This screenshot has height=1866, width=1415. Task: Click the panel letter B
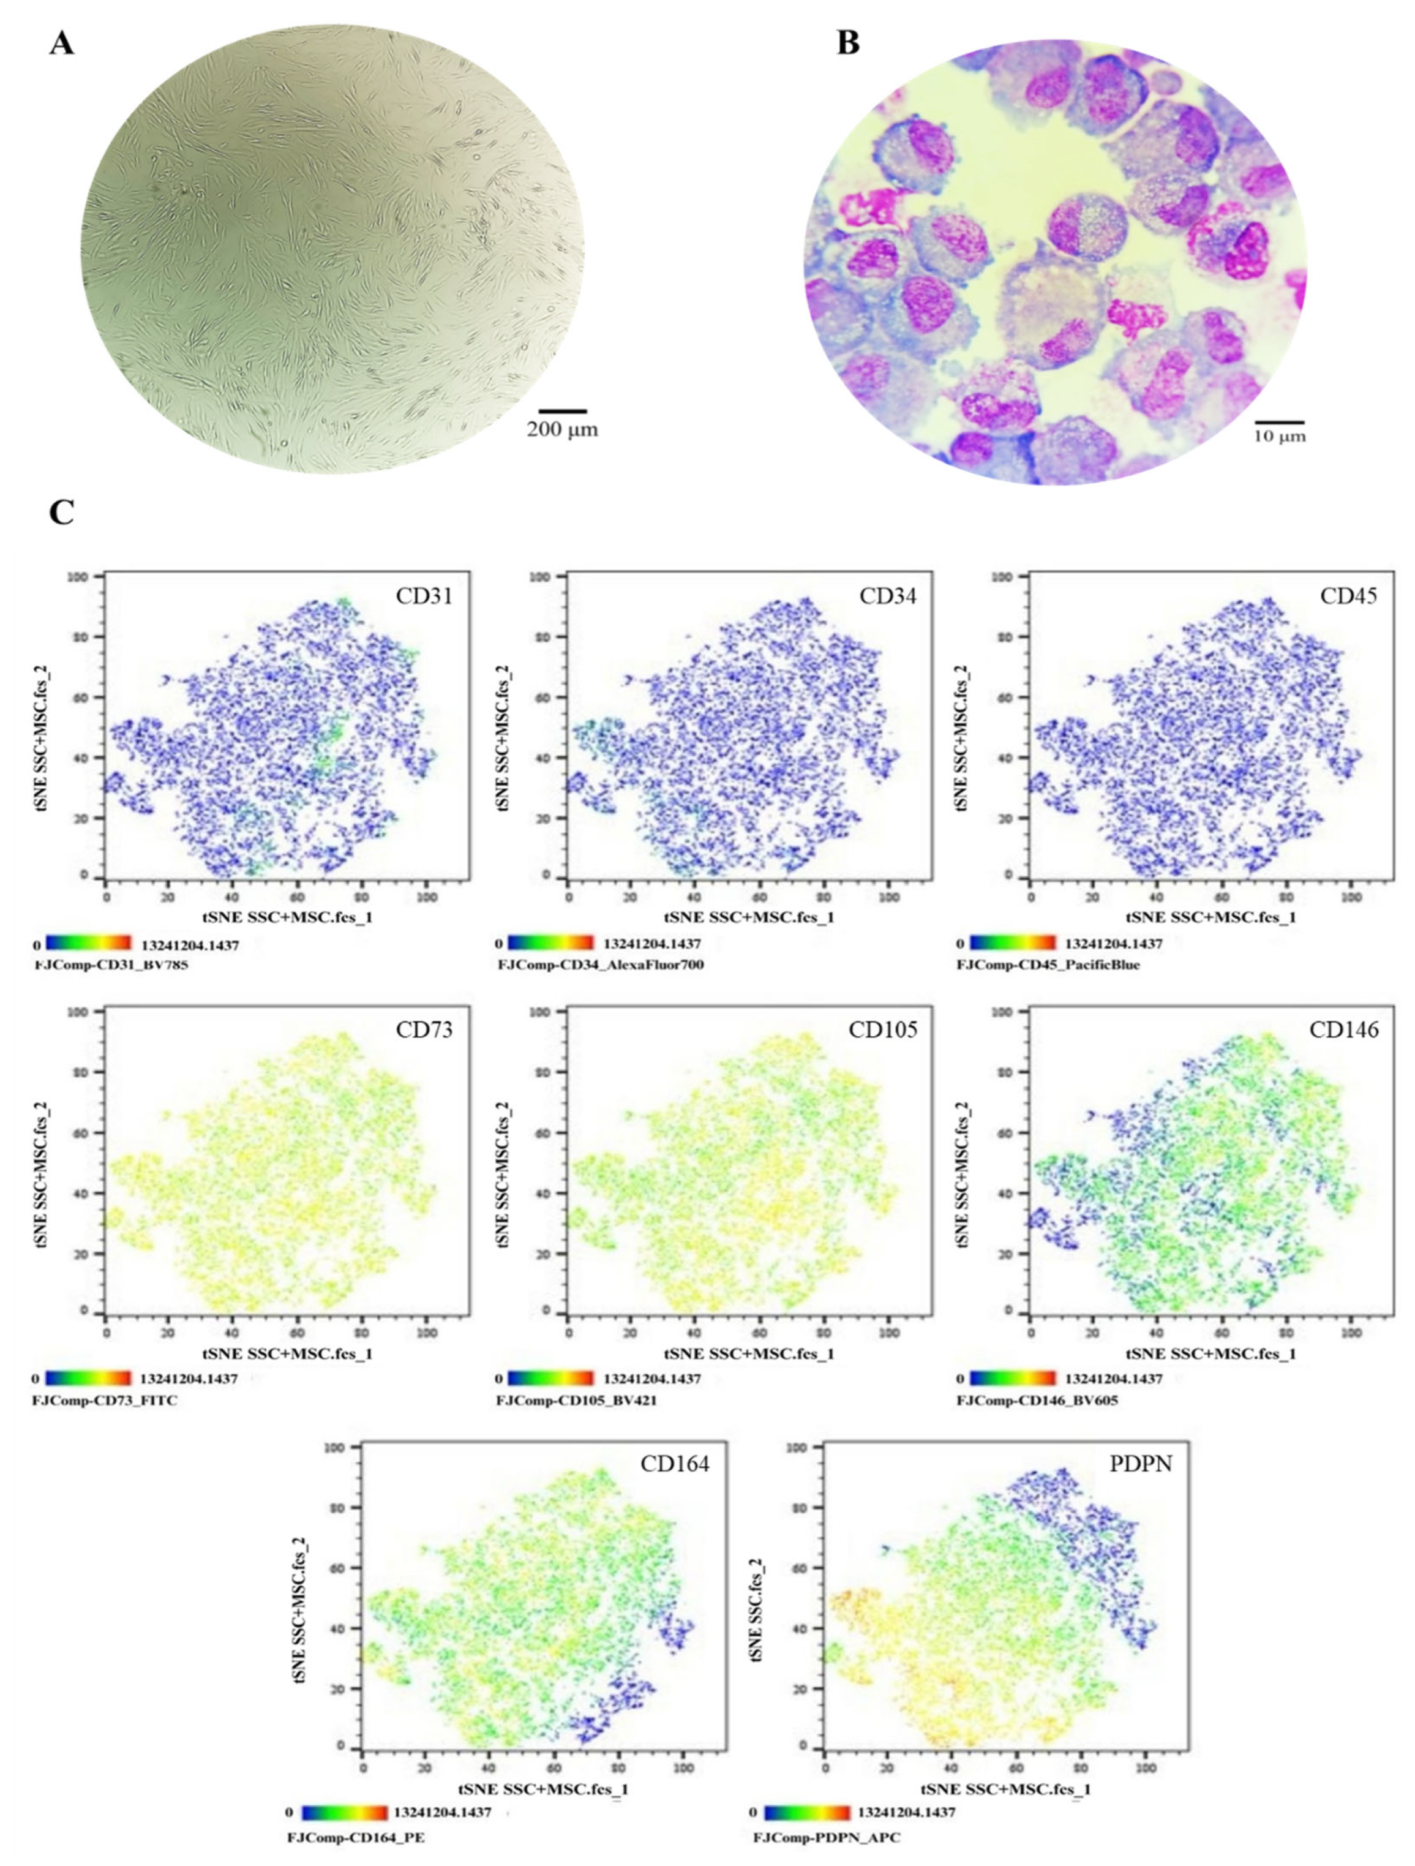click(x=848, y=43)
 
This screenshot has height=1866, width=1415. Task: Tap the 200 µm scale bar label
click(x=563, y=429)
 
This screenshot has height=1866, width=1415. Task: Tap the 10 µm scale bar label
click(x=1279, y=436)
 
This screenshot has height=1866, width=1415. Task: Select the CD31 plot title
click(x=424, y=596)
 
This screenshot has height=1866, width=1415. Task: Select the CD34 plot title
click(x=888, y=596)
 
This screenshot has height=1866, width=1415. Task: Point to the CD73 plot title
click(x=424, y=1030)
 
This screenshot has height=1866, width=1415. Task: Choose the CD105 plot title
click(x=883, y=1030)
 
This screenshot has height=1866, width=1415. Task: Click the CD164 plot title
click(x=675, y=1464)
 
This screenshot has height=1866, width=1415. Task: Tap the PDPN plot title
click(x=1140, y=1464)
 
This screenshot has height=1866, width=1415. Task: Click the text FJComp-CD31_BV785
click(x=110, y=964)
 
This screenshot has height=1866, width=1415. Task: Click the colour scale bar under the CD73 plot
click(x=89, y=1379)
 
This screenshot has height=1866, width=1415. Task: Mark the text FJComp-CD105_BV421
click(x=576, y=1401)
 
